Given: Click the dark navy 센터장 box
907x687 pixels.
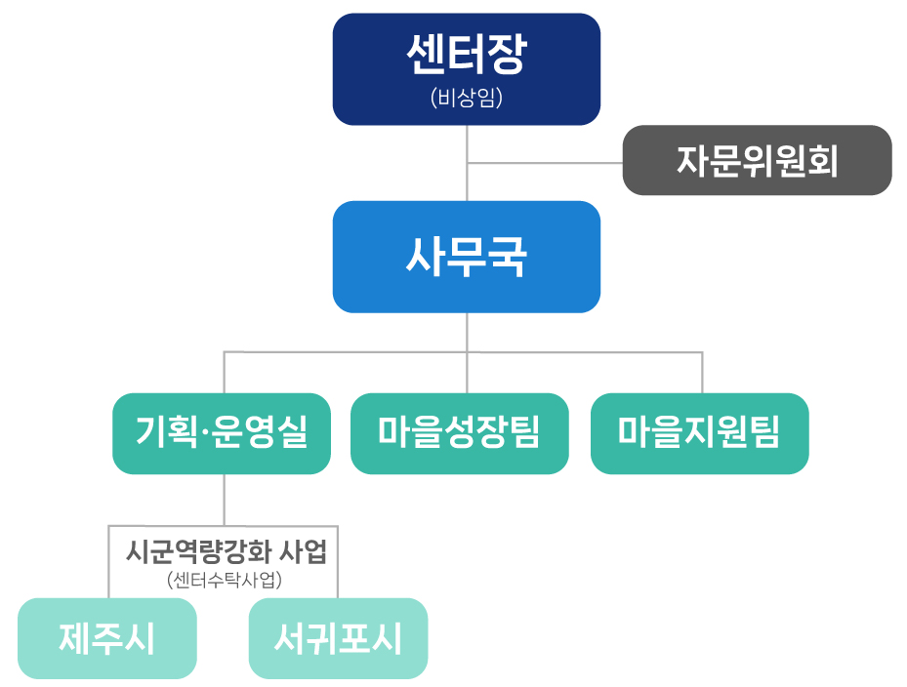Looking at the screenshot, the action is (x=467, y=69).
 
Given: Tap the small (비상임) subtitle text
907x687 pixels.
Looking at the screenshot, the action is (x=467, y=98).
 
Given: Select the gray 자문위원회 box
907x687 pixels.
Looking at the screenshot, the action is (x=758, y=160).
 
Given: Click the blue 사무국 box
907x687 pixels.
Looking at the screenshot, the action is (x=467, y=257).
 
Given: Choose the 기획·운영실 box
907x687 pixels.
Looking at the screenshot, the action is (x=222, y=433).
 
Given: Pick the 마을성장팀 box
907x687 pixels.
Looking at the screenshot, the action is (x=459, y=433).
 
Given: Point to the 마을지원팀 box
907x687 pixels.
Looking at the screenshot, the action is (x=699, y=433).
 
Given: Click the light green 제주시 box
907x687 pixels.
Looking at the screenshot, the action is (x=107, y=638).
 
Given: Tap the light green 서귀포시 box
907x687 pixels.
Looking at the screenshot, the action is (x=339, y=638).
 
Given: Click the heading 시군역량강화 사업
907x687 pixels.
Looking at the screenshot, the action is (x=227, y=551).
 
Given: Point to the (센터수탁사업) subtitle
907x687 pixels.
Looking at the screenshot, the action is (x=225, y=580).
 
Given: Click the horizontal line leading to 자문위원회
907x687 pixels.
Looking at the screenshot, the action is (x=545, y=163).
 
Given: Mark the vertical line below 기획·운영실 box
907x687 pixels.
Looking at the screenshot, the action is (x=224, y=501).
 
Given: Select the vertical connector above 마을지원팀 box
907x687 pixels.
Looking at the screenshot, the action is (x=702, y=373).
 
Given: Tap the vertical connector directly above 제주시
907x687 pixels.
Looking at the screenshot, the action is (x=108, y=562).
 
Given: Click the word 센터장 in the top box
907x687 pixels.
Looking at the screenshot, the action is (x=467, y=54).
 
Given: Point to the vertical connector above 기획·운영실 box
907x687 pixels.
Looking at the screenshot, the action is (x=225, y=373).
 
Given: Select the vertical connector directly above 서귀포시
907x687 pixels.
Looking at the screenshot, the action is (x=337, y=562).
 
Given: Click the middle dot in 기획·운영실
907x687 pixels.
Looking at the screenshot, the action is (x=205, y=432).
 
